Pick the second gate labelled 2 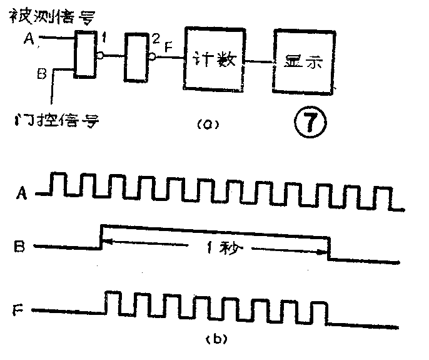(x=136, y=58)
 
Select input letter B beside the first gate (x=41, y=75)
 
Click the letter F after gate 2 (x=168, y=46)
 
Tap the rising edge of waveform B (x=102, y=235)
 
